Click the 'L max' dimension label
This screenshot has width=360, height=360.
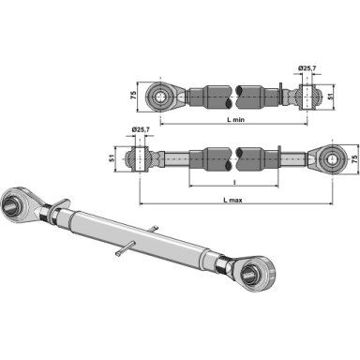(232, 200)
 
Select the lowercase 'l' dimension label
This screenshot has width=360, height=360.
(234, 182)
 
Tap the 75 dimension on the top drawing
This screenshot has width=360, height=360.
(133, 96)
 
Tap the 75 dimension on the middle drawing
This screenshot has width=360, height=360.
(354, 159)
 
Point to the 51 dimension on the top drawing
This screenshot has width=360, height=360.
(330, 96)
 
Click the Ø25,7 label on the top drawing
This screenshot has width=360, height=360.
(307, 67)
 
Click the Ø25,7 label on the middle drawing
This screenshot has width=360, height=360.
(141, 129)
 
